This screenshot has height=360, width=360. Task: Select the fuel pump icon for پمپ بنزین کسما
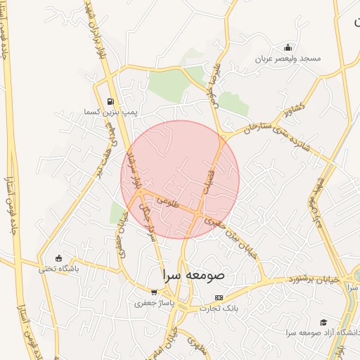pos(110,101)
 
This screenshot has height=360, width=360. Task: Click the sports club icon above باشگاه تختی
pos(58,258)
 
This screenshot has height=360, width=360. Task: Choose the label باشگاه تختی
pos(58,269)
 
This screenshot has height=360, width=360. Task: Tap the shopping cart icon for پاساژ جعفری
pos(154,292)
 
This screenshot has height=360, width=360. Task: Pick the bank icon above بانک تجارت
pos(219,297)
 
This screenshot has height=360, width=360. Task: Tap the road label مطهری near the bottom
pos(192,342)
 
